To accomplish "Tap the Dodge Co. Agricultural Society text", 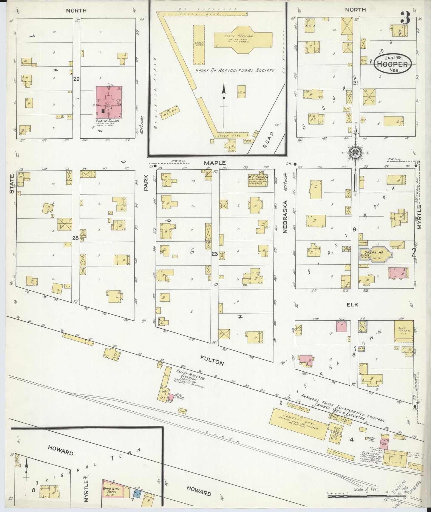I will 234,70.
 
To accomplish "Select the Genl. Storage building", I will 404,330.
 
